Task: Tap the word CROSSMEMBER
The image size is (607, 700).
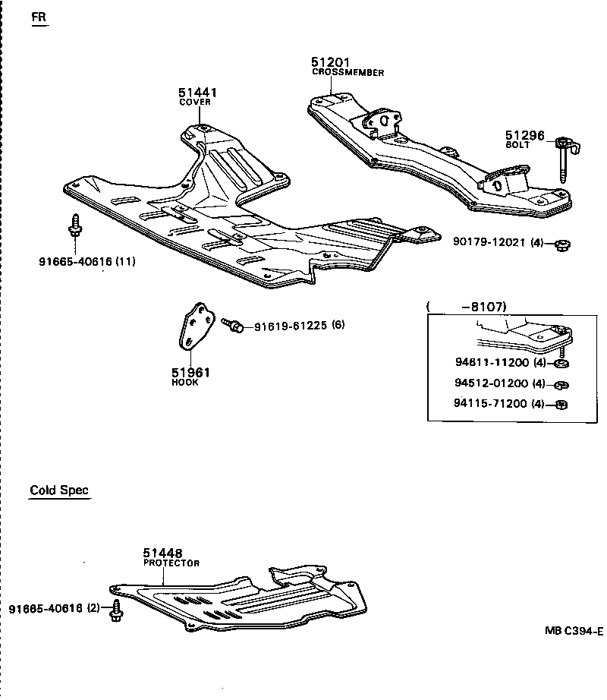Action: [x=348, y=73]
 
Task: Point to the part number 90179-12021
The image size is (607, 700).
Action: [x=490, y=244]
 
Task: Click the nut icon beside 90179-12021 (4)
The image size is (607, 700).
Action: [x=561, y=244]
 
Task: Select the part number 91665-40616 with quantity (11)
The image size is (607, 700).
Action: [x=75, y=261]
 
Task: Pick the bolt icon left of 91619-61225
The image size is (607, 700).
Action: [x=234, y=325]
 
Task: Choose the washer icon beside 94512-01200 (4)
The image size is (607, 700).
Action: [x=561, y=383]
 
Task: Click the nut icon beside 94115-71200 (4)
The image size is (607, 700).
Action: [x=561, y=404]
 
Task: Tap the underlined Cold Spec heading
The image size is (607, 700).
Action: [x=59, y=490]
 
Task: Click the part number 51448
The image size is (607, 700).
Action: [x=163, y=554]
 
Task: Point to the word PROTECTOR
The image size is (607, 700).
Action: [x=171, y=563]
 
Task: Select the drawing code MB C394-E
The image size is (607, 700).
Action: [x=573, y=631]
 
